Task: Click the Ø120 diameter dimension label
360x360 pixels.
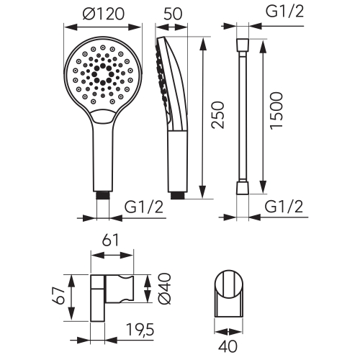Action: tap(104, 14)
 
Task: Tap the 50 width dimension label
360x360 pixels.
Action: tap(173, 14)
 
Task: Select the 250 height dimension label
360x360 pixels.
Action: tap(217, 115)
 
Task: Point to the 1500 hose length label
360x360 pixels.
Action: tap(276, 111)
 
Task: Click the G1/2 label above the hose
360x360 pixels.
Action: tap(284, 11)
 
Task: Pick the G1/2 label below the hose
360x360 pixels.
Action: tap(284, 207)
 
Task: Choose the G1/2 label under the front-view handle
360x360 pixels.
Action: tap(144, 207)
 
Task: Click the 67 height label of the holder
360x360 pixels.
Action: tap(58, 296)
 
